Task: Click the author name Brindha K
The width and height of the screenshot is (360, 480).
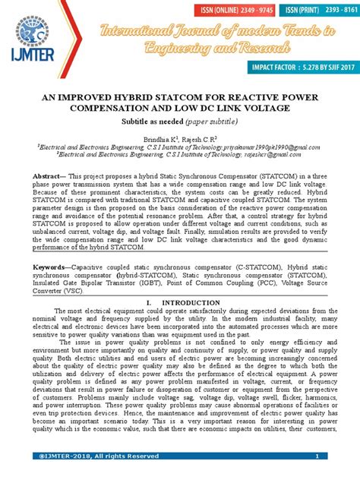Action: coord(156,141)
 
